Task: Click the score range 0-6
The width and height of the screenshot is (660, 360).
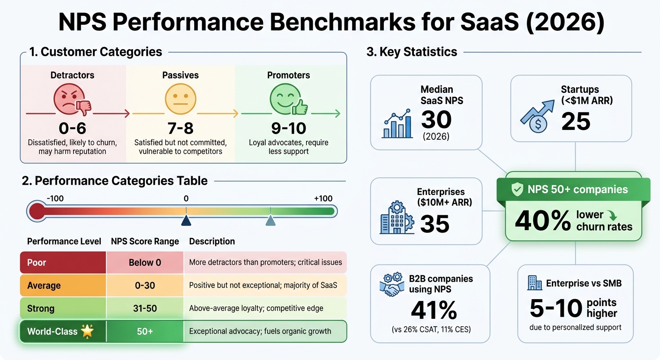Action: (72, 128)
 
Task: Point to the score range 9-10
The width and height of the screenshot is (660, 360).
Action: (289, 128)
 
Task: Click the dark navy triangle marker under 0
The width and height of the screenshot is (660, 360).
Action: (186, 220)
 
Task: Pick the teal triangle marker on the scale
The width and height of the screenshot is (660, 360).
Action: (270, 220)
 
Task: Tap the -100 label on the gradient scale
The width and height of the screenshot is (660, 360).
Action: (55, 198)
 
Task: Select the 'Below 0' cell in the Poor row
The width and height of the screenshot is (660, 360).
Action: (145, 262)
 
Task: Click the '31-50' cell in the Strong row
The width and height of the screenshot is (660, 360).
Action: (145, 308)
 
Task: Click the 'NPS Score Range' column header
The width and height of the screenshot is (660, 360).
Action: (145, 241)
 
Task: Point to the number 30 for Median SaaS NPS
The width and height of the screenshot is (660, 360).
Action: (436, 120)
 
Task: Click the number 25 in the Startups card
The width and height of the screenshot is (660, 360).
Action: (576, 122)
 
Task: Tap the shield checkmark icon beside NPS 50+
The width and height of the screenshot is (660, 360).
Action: (517, 190)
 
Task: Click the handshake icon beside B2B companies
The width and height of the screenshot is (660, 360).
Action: (391, 286)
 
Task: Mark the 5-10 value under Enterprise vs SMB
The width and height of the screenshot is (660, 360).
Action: (556, 308)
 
